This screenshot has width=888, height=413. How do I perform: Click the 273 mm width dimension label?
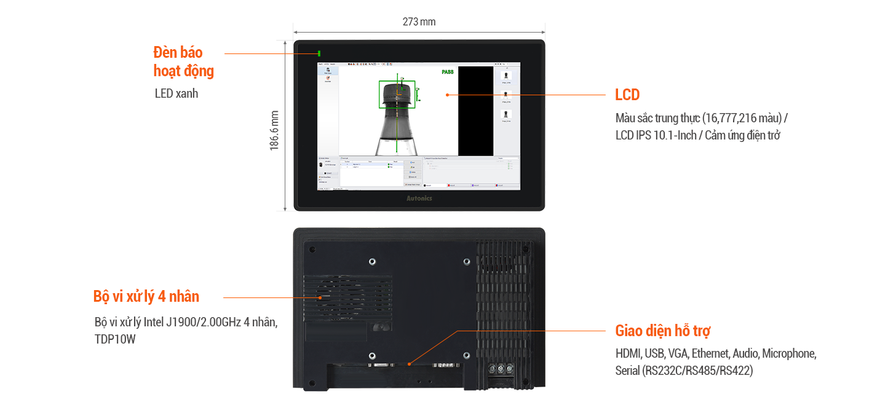coord(419,22)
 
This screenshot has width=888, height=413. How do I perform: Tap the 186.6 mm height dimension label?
coord(275,130)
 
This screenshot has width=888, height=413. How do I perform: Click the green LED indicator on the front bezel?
coord(319,53)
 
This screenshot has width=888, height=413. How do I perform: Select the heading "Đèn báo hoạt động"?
coord(183,61)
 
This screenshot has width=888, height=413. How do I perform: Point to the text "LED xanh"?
coord(176,94)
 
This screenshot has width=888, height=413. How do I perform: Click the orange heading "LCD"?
coord(627,95)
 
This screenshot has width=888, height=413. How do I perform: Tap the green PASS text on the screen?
coord(448,72)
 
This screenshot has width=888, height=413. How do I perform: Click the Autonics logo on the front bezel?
coord(419,199)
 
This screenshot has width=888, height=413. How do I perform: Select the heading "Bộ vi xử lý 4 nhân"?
coord(146,296)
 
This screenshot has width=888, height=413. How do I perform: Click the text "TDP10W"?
coord(115,339)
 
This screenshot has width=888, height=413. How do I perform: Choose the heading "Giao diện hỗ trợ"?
coord(663,331)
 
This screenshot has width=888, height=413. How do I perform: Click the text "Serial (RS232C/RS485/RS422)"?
coord(684,371)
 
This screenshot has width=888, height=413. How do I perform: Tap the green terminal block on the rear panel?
coord(501,369)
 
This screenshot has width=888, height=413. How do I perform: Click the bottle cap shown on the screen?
coord(397,92)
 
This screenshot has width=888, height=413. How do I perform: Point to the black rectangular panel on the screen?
coord(475,111)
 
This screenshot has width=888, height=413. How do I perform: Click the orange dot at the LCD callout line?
coord(447,95)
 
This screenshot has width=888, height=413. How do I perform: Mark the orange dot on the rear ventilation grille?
coord(320,297)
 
